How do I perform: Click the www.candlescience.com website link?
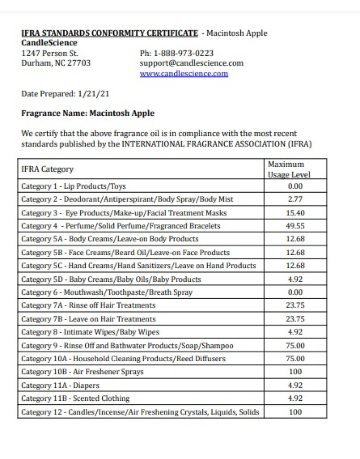pos(183,73)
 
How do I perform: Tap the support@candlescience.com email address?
pos(191,63)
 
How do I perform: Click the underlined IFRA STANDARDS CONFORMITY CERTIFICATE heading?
pos(110,33)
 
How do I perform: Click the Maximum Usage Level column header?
pos(289,169)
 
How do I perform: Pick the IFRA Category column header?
pos(47,169)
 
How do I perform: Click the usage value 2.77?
pos(295,199)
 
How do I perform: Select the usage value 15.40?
pos(295,213)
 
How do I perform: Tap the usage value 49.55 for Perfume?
pos(295,226)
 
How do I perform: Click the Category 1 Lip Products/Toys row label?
pos(73,186)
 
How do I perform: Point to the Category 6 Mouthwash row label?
pos(107,292)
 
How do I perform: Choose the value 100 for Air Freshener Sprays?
pos(295,372)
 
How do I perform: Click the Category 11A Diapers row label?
pos(60,386)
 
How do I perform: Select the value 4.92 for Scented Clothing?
pos(295,398)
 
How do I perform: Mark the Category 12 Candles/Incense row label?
pos(140,412)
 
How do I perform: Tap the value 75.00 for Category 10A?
pos(295,358)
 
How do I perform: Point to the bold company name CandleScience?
pos(50,43)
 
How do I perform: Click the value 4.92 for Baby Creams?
pos(295,279)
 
